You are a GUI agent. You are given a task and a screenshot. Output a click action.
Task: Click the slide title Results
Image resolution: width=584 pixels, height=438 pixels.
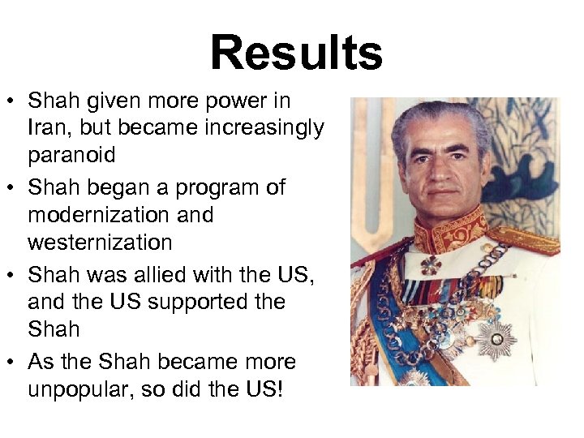pos(296,54)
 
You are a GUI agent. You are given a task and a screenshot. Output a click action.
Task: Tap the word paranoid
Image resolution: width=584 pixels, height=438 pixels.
pos(71,155)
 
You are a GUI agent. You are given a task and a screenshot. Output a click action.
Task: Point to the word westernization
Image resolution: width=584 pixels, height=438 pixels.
pos(100,243)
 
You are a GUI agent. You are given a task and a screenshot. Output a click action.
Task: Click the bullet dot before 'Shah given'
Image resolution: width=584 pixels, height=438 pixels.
pos(13,102)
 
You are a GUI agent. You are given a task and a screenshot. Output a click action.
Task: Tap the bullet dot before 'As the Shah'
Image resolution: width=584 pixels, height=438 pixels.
pos(13,363)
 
